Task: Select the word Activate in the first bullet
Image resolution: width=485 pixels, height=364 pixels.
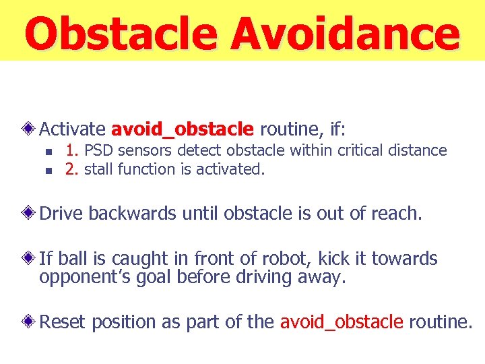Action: (72, 129)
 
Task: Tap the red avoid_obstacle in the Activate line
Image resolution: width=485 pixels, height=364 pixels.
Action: (182, 129)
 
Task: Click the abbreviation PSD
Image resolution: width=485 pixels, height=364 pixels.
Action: (98, 150)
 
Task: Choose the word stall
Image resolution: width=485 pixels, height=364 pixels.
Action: (99, 169)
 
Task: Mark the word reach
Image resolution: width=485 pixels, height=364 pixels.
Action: (397, 214)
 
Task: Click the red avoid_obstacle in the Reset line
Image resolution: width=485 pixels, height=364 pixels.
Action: (341, 322)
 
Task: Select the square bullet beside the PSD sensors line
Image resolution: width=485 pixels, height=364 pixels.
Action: (46, 152)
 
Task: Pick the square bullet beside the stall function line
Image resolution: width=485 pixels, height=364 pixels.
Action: (46, 171)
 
